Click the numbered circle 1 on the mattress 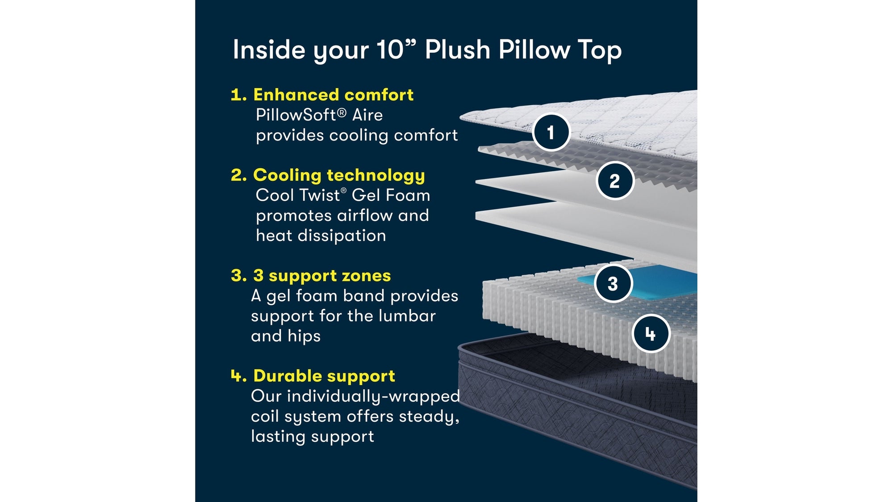pyautogui.click(x=551, y=132)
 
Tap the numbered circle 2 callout pyautogui.click(x=615, y=181)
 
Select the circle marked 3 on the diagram pyautogui.click(x=613, y=283)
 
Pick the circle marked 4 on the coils pyautogui.click(x=651, y=333)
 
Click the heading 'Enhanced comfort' pyautogui.click(x=333, y=95)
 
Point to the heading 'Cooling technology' pyautogui.click(x=338, y=175)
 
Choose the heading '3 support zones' pyautogui.click(x=321, y=275)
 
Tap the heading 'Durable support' pyautogui.click(x=324, y=376)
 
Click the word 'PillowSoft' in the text pyautogui.click(x=296, y=115)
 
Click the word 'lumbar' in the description pyautogui.click(x=407, y=316)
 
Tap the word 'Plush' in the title pyautogui.click(x=457, y=50)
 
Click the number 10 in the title pyautogui.click(x=390, y=50)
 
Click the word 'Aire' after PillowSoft pyautogui.click(x=367, y=115)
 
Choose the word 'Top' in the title pyautogui.click(x=599, y=50)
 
